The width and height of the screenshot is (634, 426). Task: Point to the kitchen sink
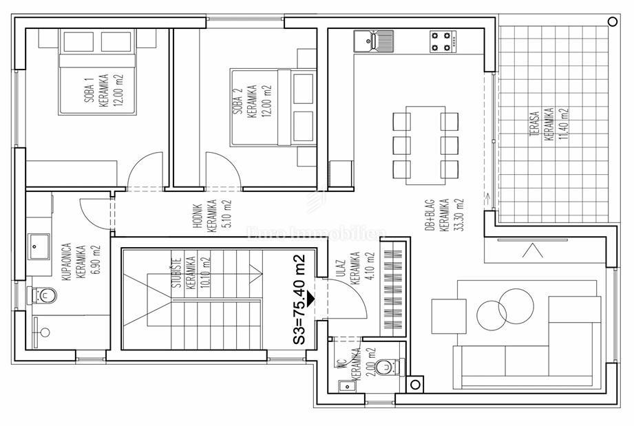pos(373,41)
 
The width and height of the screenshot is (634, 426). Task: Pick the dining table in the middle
pos(425,145)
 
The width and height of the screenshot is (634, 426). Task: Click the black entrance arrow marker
pos(312,299)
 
